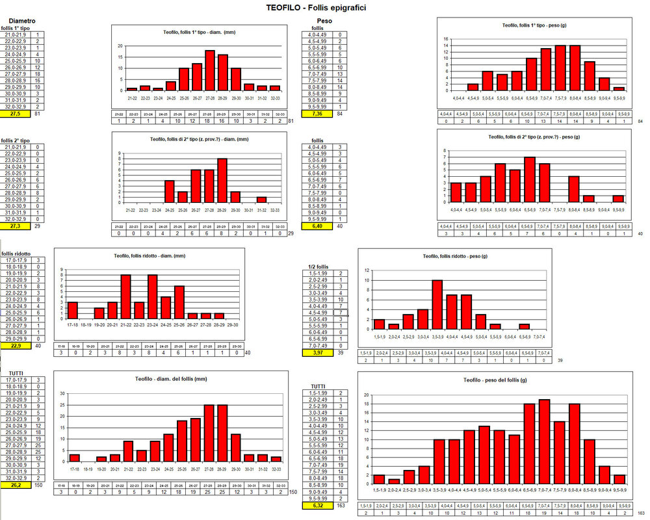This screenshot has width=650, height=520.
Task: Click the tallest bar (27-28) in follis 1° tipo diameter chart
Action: click(210, 70)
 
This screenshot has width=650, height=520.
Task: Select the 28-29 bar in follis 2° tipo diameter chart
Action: click(222, 181)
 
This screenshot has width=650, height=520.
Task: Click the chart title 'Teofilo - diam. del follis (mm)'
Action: click(171, 378)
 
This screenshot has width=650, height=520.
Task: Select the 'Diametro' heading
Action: click(21, 21)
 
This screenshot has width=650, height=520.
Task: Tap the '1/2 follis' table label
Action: click(317, 266)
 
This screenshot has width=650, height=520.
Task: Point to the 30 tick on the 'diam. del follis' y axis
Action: click(62, 394)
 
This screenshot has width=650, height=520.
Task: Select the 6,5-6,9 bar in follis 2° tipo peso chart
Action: click(529, 179)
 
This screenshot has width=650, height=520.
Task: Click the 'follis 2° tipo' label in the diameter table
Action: click(15, 140)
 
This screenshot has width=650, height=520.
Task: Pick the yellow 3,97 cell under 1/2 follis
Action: click(318, 353)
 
